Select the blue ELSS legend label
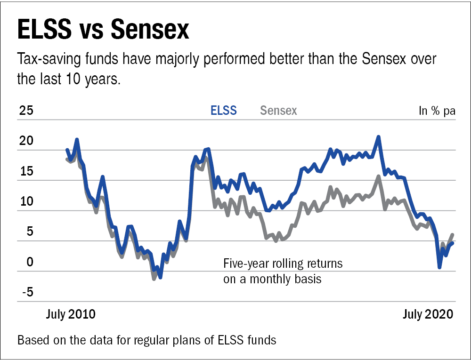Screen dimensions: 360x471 (224, 111)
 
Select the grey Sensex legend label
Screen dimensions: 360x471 (278, 111)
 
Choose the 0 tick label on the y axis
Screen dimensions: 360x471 (30, 262)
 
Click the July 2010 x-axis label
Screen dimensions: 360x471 (71, 314)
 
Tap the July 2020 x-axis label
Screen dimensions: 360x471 (428, 314)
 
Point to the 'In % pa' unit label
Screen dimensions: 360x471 (437, 111)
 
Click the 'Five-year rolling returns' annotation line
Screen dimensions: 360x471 (283, 263)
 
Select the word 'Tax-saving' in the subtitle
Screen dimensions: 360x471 (45, 60)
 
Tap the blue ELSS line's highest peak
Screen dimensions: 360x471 (378, 137)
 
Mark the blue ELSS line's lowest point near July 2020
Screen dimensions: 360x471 (439, 267)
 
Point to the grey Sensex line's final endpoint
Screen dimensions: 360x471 (453, 234)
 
